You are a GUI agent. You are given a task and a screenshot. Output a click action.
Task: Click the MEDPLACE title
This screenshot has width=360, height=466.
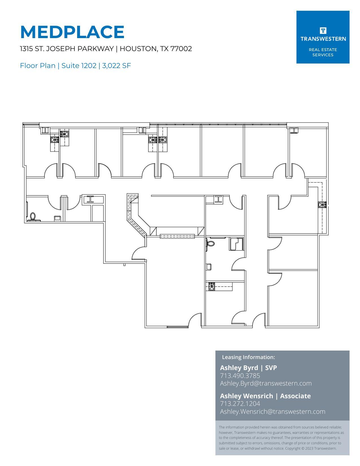tap(72, 32)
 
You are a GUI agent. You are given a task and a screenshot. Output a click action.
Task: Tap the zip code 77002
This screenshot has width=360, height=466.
tap(181, 49)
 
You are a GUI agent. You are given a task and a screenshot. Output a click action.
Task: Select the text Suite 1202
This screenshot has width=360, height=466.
tap(79, 66)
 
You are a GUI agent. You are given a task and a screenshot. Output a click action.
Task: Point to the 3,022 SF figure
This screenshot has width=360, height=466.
tap(116, 66)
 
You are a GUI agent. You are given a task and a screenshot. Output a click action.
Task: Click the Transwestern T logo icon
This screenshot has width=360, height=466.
tap(323, 30)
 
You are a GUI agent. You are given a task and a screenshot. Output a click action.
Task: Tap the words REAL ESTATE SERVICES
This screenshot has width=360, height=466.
tap(323, 52)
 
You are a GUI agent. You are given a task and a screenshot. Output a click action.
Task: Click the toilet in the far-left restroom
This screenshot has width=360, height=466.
tap(33, 217)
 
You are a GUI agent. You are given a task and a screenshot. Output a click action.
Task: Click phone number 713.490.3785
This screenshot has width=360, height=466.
tap(240, 376)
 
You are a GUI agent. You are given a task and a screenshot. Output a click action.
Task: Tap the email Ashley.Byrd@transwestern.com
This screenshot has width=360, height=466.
tap(266, 383)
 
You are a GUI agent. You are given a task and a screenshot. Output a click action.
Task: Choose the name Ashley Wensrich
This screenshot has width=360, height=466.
tap(246, 396)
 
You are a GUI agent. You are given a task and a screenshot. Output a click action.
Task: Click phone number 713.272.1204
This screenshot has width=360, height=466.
tap(240, 404)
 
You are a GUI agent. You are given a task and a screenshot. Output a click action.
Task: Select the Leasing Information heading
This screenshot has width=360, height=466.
tap(248, 357)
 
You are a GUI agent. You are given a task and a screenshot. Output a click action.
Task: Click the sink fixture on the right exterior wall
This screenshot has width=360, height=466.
tap(322, 205)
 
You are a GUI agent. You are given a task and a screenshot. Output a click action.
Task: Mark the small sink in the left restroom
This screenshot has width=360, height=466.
tap(57, 218)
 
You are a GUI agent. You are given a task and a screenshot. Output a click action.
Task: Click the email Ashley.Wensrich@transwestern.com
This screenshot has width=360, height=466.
tap(272, 412)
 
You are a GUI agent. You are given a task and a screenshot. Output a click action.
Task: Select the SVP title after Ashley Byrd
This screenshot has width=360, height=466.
tap(271, 368)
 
